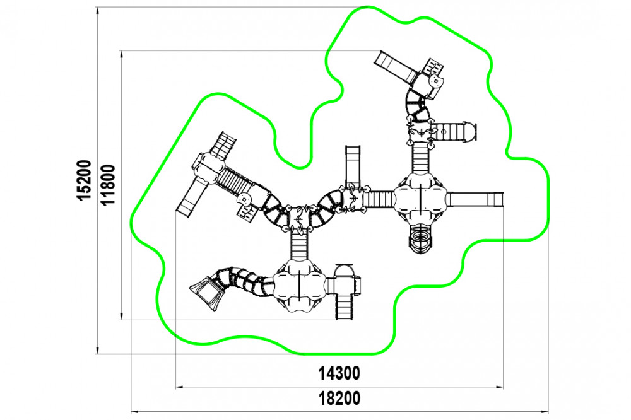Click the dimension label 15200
(x=85, y=180)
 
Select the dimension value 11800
(x=109, y=185)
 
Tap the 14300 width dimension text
(x=339, y=373)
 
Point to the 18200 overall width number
(x=339, y=399)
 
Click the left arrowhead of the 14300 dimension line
(x=179, y=387)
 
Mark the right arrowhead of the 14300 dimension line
(x=499, y=387)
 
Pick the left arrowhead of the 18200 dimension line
(x=135, y=412)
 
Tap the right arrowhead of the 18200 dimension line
(x=545, y=412)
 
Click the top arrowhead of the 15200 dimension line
(x=97, y=11)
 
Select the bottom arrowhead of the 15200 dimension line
(x=97, y=351)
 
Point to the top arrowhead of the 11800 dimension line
(x=121, y=55)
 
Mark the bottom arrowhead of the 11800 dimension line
(x=121, y=316)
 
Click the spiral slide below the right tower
(x=420, y=238)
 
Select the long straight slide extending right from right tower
(x=475, y=199)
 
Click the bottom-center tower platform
(x=299, y=286)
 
